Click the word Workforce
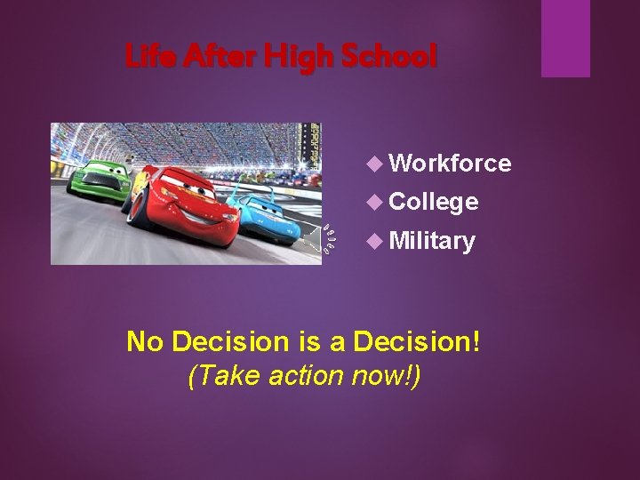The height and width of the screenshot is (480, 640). (450, 163)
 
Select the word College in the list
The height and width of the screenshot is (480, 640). (434, 202)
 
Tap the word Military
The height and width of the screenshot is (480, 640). (432, 241)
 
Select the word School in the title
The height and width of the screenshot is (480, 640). (389, 58)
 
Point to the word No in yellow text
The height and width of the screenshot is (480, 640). (146, 341)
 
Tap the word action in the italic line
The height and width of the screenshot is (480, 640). (302, 376)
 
